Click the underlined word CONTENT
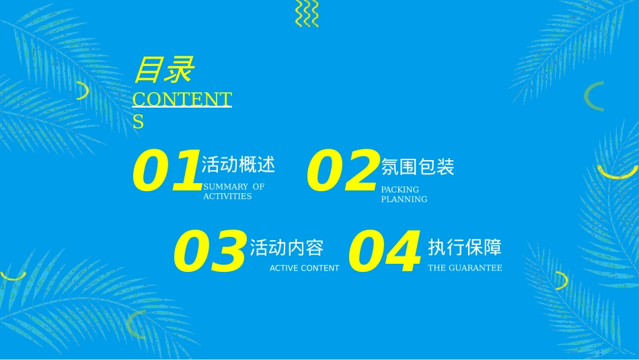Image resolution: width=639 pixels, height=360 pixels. pos(182,99)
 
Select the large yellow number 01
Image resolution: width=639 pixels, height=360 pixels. pos(167,170)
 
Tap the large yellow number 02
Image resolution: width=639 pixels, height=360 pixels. pos(342,170)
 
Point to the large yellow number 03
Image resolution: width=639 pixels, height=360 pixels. pos(210,251)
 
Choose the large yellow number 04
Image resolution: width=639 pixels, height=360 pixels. pos(384,251)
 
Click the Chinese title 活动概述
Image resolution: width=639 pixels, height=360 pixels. pos(238,164)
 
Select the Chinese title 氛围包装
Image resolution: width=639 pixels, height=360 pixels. pos(417,167)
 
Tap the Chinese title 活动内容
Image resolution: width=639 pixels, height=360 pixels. pos(287,248)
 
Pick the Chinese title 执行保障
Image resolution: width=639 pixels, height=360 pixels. pos(465,247)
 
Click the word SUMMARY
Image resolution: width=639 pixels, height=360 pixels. pos(225,186)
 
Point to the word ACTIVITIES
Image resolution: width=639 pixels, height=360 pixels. pos(227,196)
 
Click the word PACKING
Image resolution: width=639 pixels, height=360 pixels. pos(400,190)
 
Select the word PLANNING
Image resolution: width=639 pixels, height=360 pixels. pos(404,199)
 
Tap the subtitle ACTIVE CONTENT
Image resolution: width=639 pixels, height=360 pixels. pos(305,268)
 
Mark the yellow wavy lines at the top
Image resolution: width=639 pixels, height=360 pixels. pos(307,13)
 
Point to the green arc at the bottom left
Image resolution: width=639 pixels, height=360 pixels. pos(130,324)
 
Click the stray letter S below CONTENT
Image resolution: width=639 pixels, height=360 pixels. pos(138,122)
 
